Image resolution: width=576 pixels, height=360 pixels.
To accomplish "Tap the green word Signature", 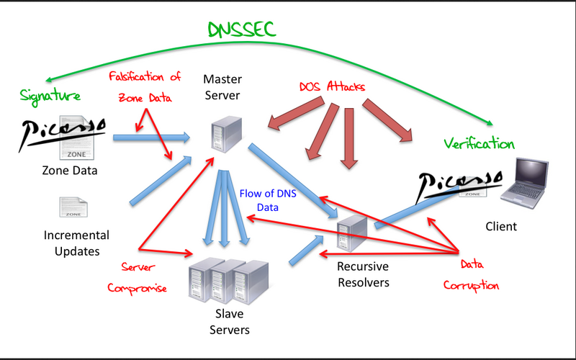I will point(50,95).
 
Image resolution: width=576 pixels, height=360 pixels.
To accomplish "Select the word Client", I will point(501,226).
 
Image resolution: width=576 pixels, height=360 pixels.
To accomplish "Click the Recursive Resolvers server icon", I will point(353,234).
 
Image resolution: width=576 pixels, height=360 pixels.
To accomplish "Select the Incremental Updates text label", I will point(76,243).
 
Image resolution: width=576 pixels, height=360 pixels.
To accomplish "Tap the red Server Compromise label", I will point(137,278).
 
